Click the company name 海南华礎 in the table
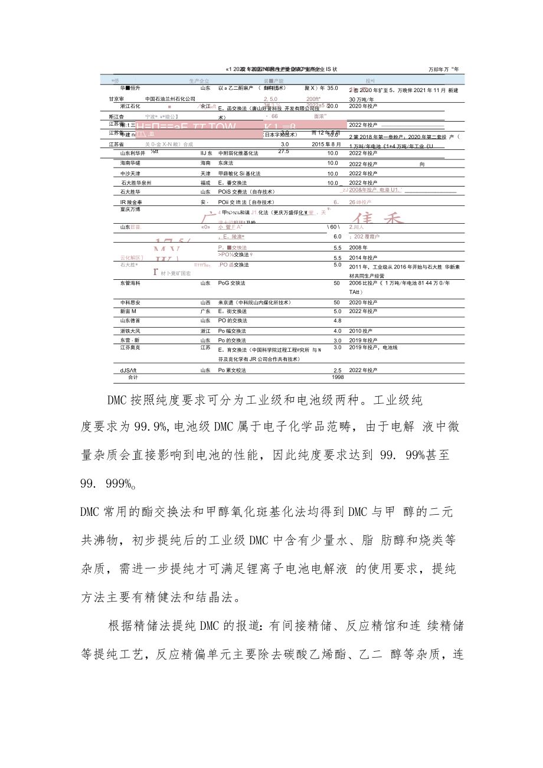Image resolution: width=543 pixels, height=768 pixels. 130,163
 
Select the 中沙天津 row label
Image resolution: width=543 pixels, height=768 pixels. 130,174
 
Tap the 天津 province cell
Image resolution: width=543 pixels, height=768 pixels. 205,174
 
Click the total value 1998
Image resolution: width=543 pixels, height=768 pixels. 338,377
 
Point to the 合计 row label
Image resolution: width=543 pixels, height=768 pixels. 133,377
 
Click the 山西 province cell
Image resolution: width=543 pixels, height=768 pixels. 205,302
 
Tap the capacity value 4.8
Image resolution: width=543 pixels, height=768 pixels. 338,321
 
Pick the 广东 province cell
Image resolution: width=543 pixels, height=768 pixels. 205,311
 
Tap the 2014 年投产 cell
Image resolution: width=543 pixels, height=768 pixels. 363,258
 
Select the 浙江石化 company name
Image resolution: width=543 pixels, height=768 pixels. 130,106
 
